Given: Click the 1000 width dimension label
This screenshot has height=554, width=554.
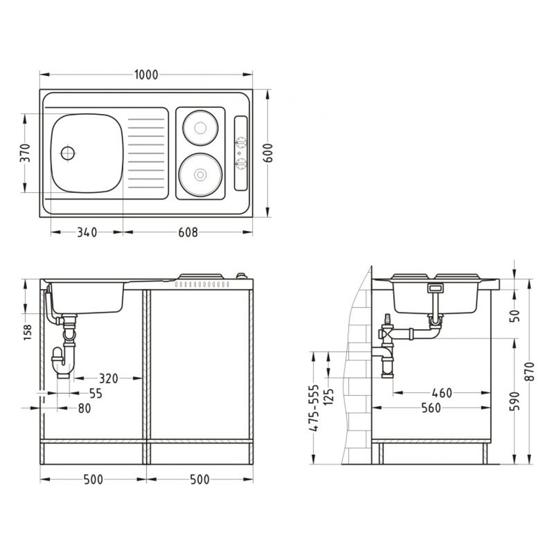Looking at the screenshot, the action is tap(146, 75).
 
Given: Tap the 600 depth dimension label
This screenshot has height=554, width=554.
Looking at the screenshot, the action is tap(268, 153).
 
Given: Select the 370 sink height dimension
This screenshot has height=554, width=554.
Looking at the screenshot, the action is tap(25, 153).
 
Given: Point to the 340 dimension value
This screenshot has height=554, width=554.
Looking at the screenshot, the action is tap(87, 232).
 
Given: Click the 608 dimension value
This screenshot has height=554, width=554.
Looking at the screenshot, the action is tap(188, 232).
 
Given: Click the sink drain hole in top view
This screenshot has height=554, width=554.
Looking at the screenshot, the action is tap(68, 153).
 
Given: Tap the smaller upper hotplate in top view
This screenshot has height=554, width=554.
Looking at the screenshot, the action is tap(200, 128).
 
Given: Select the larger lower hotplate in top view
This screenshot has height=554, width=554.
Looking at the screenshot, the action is tap(200, 175).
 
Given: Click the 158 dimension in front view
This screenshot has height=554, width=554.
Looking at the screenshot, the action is tap(27, 333).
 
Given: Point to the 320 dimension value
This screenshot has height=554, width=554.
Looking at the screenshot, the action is tap(108, 378).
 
